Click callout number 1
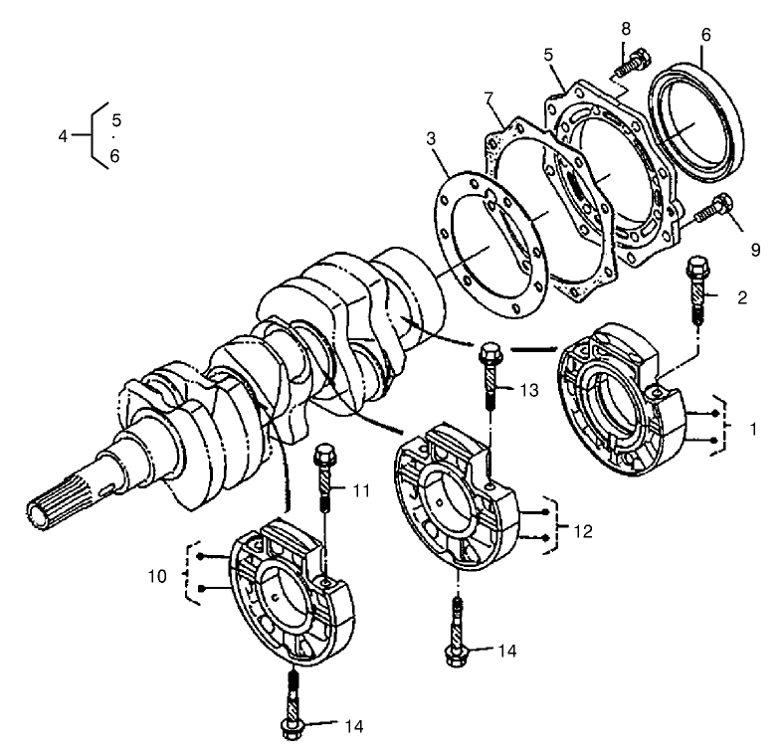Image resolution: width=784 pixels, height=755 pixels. pos(752,430)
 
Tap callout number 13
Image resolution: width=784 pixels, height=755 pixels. pos(530,389)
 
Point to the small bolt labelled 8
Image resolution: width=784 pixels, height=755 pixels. pos(630,63)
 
